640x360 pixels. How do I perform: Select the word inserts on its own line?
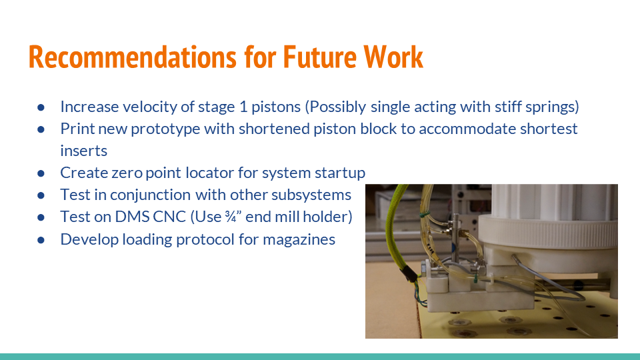pos(83,151)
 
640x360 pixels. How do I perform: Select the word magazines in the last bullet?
pos(303,239)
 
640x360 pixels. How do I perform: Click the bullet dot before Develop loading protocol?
pos(41,239)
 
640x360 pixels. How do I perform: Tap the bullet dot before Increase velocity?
pos(41,107)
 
